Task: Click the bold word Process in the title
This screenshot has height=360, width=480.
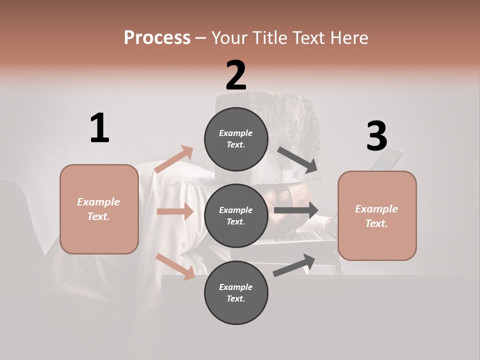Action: tap(157, 37)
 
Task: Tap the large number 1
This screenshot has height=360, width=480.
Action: tap(99, 128)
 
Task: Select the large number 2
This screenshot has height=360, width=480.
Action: tap(236, 75)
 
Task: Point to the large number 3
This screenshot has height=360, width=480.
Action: tap(376, 136)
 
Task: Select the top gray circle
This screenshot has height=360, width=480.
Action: tap(236, 139)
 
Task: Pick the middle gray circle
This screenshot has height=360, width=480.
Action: tap(236, 215)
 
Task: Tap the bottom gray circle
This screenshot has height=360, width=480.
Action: tap(236, 292)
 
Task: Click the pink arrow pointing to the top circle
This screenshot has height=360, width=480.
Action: tap(174, 159)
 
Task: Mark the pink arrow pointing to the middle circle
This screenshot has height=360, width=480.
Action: tap(174, 211)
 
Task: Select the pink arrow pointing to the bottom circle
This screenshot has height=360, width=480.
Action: tap(175, 266)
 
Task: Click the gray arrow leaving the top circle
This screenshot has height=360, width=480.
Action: tap(297, 159)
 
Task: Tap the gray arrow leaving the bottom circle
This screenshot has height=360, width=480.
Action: tap(294, 265)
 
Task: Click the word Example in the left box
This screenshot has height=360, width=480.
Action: tap(98, 202)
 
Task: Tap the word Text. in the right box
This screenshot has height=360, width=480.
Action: tap(376, 223)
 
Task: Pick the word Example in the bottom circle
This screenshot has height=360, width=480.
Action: tap(236, 287)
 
